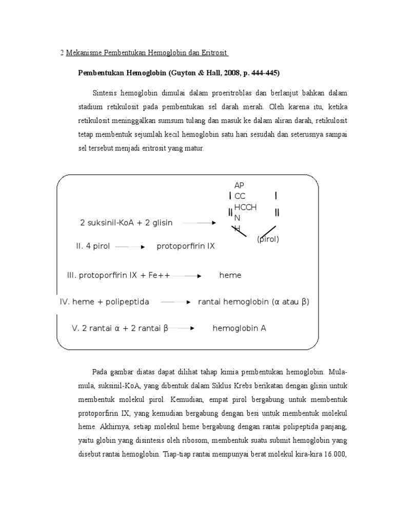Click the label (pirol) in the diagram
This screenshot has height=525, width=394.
tap(268, 239)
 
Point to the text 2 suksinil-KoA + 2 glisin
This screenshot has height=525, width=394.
tap(126, 223)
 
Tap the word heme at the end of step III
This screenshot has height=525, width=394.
tap(230, 275)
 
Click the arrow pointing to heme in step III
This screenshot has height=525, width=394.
tap(187, 276)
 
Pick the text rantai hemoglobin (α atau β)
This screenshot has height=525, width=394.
tap(253, 302)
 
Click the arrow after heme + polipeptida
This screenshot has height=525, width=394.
tap(175, 302)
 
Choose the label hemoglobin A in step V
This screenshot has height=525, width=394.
tap(239, 328)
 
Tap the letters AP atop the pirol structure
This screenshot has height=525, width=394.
tap(239, 186)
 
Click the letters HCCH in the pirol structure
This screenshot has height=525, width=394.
tap(245, 207)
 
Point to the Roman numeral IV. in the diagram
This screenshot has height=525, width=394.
tap(65, 302)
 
